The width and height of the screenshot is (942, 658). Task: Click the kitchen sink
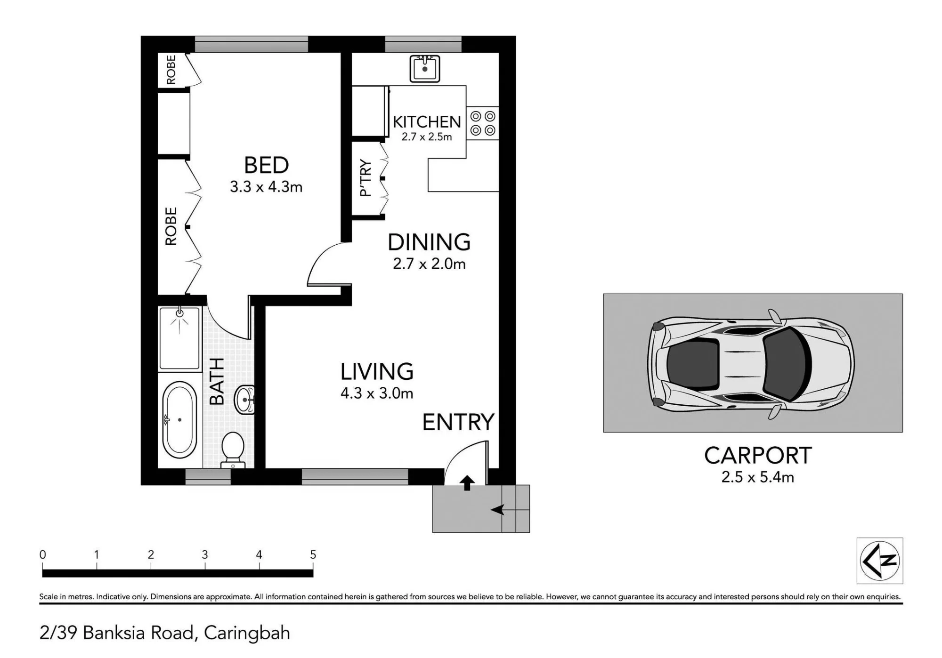click(425, 69)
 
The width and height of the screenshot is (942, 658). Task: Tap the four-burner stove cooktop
click(483, 123)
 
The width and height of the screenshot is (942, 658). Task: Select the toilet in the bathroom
click(233, 450)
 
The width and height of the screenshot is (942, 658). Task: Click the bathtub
click(179, 419)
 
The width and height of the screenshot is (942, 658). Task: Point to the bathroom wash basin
click(244, 400)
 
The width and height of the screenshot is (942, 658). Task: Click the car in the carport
click(751, 364)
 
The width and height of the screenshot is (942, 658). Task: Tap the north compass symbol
click(880, 561)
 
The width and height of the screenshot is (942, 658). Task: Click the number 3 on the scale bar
click(205, 554)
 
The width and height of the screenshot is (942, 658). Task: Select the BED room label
click(266, 165)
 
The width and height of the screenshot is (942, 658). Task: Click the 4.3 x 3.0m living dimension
click(377, 393)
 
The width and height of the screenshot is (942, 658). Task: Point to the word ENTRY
click(458, 422)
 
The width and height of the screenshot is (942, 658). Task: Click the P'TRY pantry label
click(365, 178)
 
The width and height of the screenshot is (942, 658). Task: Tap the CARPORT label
click(758, 456)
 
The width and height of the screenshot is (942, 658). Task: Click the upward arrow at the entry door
click(467, 483)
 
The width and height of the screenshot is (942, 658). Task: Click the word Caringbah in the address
click(247, 633)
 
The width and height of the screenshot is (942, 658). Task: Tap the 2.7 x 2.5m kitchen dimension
click(427, 137)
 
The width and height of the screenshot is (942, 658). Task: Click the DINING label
click(429, 242)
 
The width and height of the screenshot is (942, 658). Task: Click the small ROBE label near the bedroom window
click(171, 70)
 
